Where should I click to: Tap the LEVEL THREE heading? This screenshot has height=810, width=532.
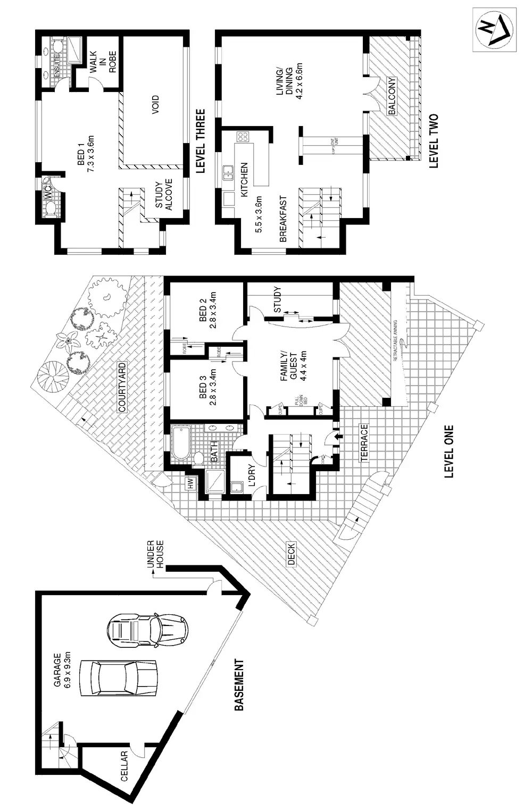coord(200,141)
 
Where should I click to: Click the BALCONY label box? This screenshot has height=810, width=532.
coord(392,97)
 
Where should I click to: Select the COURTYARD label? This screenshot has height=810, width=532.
coord(122,387)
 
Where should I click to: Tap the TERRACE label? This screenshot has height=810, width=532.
coord(364,442)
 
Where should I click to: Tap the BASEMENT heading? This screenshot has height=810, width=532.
coord(239,685)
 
